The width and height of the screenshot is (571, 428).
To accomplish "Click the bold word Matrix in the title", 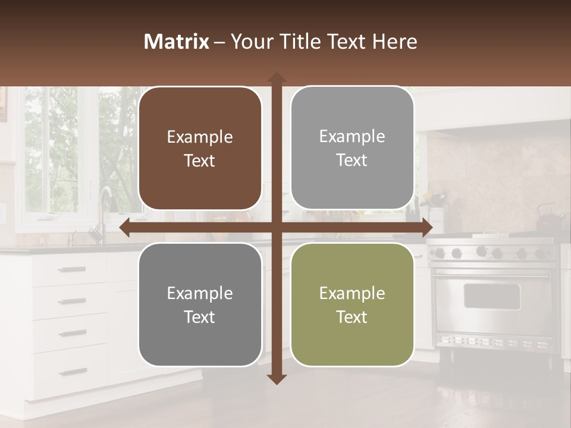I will click(x=176, y=42).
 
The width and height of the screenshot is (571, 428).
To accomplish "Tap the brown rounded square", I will click(x=200, y=149).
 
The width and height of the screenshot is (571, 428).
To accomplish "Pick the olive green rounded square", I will click(x=352, y=305).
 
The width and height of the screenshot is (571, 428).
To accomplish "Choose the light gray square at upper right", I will click(x=352, y=148).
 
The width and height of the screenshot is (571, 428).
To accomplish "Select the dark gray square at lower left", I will click(x=200, y=305).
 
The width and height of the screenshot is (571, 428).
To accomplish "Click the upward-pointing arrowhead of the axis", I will click(x=277, y=77).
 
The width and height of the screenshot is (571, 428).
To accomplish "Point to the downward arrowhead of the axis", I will click(x=277, y=379).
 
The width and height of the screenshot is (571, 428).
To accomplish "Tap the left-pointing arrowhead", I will click(x=125, y=228).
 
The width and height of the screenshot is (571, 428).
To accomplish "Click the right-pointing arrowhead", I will click(x=427, y=228).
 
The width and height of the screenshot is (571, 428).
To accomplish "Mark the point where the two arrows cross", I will click(x=277, y=228).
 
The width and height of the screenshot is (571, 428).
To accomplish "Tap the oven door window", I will click(x=491, y=296).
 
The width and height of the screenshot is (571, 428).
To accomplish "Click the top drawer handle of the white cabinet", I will click(x=72, y=270).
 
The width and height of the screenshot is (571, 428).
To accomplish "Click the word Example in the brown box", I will click(x=200, y=137).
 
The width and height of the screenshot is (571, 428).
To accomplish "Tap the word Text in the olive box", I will click(x=352, y=317).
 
